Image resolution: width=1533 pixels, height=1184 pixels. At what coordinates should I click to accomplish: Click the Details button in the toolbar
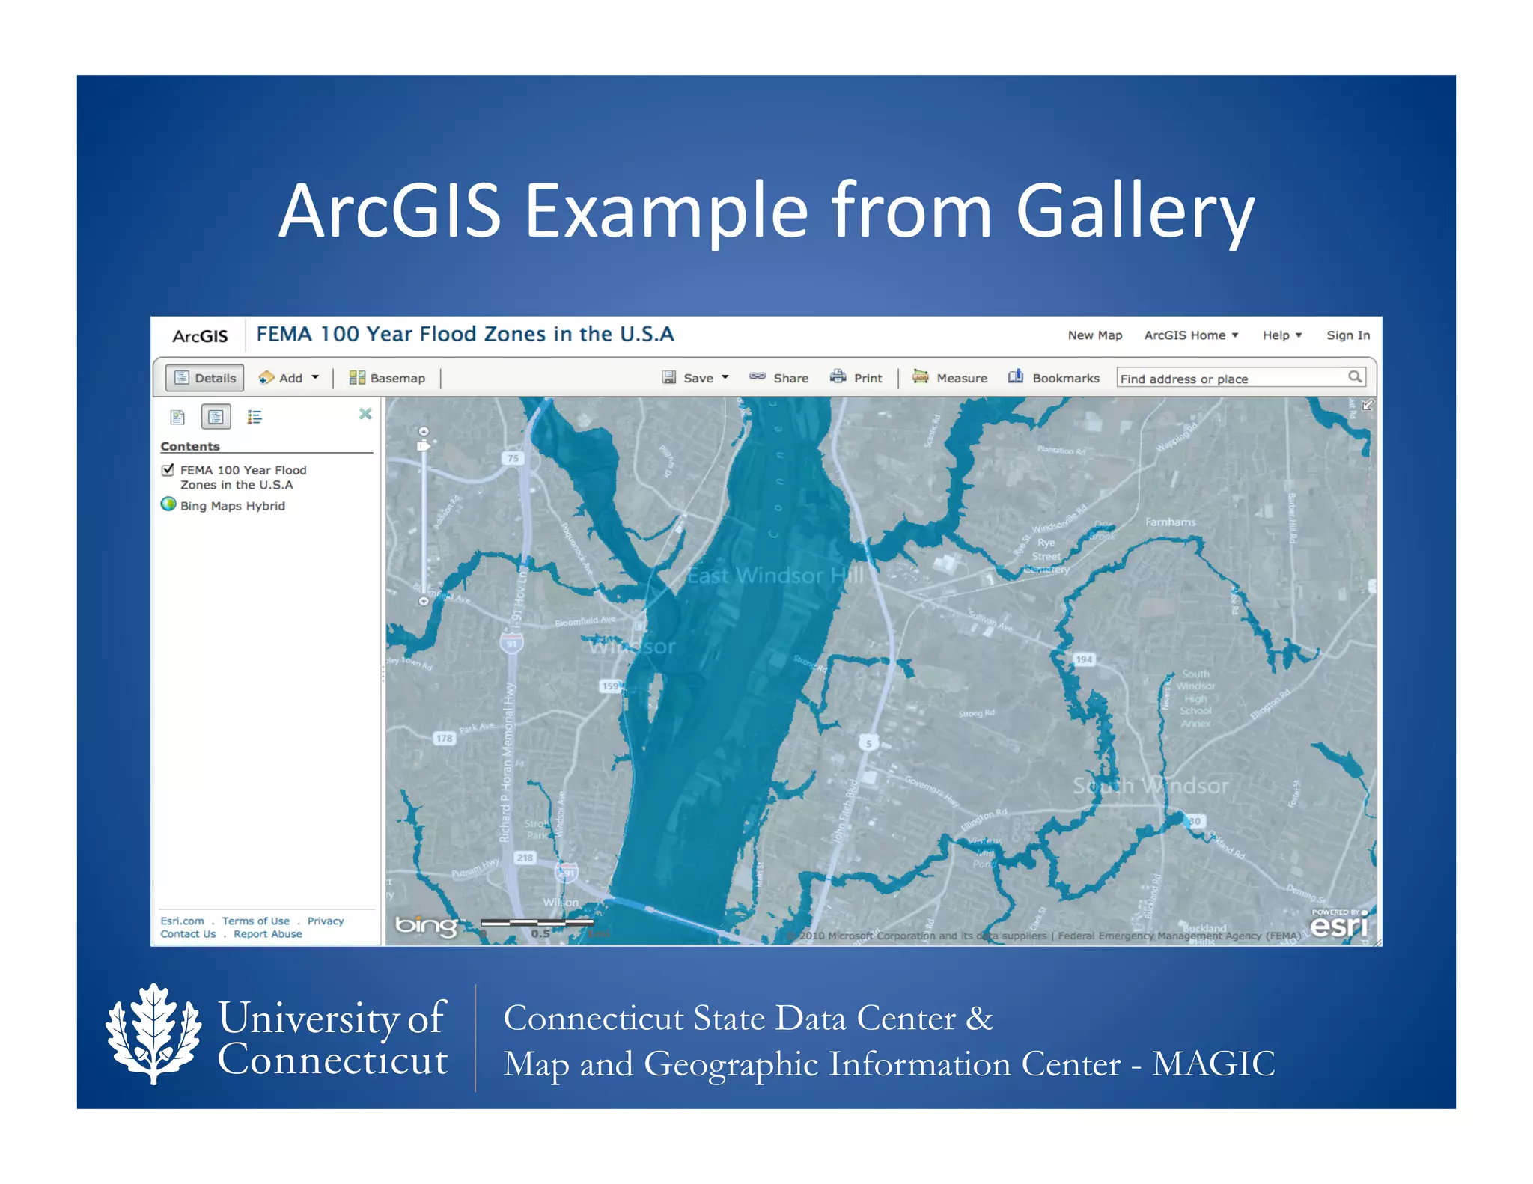point(205,378)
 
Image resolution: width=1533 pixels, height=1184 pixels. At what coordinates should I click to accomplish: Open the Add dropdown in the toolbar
point(290,378)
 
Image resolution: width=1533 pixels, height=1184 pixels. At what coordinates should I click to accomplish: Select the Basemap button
point(387,378)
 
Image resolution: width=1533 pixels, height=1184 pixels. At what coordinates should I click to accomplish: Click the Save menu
point(696,378)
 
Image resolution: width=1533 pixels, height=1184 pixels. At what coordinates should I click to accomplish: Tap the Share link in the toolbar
point(780,378)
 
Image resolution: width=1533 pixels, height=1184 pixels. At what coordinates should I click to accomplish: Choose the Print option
point(857,378)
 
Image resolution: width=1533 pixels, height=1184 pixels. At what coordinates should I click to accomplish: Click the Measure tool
point(951,378)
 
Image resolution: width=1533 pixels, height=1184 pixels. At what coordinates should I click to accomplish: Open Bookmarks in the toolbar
point(1055,378)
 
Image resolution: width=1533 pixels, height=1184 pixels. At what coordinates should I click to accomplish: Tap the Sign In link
point(1348,335)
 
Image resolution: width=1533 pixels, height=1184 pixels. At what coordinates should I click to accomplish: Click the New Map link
point(1094,335)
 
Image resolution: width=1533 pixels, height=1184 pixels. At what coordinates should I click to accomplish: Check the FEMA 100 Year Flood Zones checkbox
point(168,470)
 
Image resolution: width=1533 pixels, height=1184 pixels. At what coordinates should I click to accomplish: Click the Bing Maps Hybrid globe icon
point(168,504)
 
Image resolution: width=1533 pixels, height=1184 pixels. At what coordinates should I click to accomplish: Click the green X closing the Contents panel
point(365,414)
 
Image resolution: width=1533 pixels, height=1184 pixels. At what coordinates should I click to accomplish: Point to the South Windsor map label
point(1150,786)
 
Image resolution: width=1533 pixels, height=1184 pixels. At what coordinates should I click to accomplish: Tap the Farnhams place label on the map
point(1170,522)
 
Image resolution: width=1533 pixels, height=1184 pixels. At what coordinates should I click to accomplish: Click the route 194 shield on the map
point(1084,659)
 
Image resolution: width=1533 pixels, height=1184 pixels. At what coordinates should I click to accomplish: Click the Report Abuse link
point(267,934)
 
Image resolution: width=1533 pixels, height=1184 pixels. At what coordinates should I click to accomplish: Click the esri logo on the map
point(1338,925)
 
